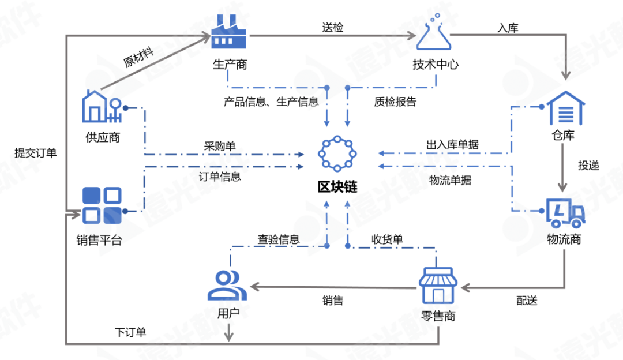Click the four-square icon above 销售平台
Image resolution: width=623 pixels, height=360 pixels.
click(x=102, y=205)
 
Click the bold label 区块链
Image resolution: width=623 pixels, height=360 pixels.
click(x=337, y=187)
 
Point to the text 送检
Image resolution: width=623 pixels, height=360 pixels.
click(x=332, y=27)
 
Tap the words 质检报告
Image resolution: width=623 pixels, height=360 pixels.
click(x=395, y=102)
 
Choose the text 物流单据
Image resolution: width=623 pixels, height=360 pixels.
click(x=450, y=180)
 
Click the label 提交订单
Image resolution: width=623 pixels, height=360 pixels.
click(x=36, y=153)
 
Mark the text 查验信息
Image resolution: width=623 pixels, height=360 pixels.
click(x=279, y=239)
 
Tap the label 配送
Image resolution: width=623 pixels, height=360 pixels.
click(x=527, y=301)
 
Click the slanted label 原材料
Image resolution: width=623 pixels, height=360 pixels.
click(x=138, y=58)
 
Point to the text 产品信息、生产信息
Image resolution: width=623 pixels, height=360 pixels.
click(x=271, y=102)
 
